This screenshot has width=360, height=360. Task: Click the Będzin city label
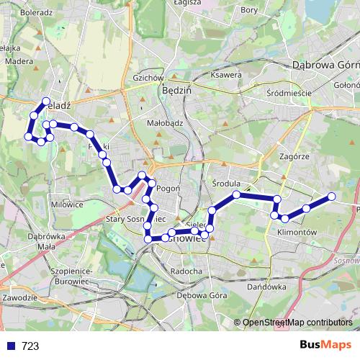[x=176, y=91]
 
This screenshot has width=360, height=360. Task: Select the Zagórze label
[x=294, y=156]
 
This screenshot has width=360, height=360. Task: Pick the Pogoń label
[x=168, y=188]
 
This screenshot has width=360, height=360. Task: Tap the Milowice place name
[x=67, y=204]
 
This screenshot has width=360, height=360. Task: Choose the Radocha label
[x=187, y=271]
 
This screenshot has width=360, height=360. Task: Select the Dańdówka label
[x=267, y=287]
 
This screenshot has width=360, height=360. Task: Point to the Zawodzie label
[x=20, y=297]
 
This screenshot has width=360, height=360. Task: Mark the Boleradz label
[x=38, y=12]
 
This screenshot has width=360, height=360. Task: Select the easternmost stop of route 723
[x=332, y=197]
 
